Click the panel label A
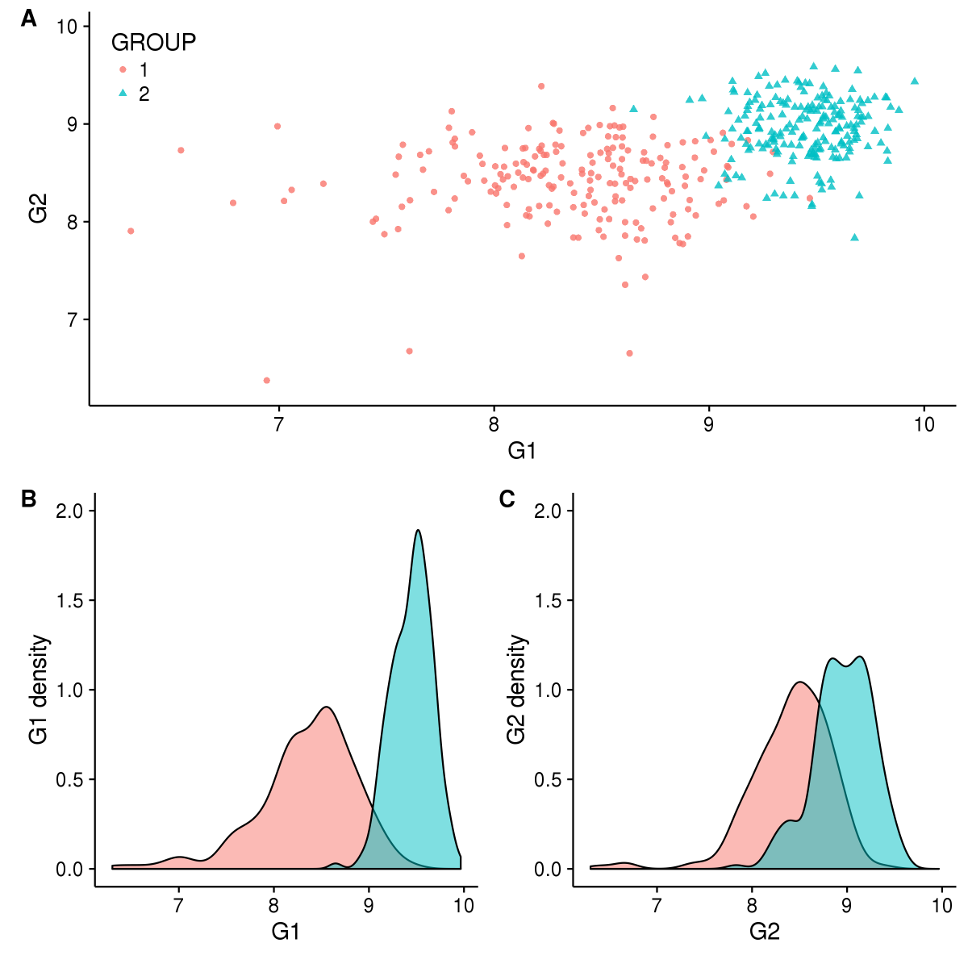click(x=29, y=19)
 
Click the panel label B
click(x=29, y=499)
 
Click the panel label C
click(x=507, y=499)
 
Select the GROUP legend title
click(x=153, y=42)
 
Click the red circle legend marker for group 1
click(x=123, y=69)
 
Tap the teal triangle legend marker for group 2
click(x=123, y=94)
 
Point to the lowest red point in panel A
click(x=266, y=380)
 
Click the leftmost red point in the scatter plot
click(x=131, y=231)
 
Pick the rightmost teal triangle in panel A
click(x=914, y=81)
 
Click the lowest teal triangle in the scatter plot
click(x=854, y=237)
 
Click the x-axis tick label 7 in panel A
click(x=279, y=423)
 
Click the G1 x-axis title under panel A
click(x=522, y=451)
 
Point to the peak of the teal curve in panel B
click(x=418, y=530)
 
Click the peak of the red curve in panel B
click(x=327, y=707)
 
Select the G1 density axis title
click(x=39, y=690)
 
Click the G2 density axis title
click(x=517, y=690)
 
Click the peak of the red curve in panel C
click(x=799, y=682)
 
